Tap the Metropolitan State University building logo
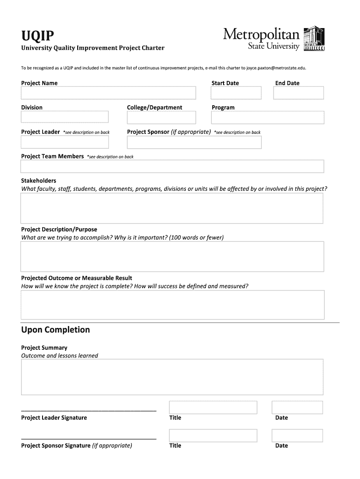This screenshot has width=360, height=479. coord(314,39)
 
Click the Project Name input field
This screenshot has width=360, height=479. coord(108,93)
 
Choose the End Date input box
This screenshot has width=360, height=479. coord(298,93)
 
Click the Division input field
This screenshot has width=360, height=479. coord(65,117)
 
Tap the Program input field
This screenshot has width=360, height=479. coord(267,117)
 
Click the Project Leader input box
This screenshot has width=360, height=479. coord(65,142)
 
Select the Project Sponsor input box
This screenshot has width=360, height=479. coord(194,142)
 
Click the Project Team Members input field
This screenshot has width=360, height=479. coord(172,167)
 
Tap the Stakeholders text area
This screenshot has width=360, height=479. coord(172,208)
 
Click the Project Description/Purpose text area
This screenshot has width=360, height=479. coord(172,256)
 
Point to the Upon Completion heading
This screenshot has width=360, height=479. coord(56,330)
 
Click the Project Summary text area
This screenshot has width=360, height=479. coord(172,377)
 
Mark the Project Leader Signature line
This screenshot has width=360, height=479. coord(89,410)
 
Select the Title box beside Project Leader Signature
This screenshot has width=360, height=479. coord(213,407)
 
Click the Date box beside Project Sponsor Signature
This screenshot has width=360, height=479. coord(298,435)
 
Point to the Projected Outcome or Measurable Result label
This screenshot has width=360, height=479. coord(77,278)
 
